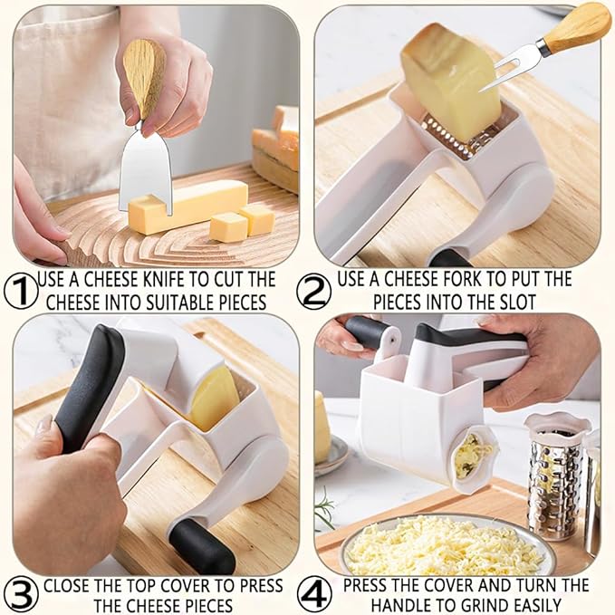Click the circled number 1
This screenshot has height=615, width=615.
pyautogui.click(x=18, y=290)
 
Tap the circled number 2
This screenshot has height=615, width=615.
pyautogui.click(x=316, y=290)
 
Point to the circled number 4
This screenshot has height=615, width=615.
pyautogui.click(x=316, y=595)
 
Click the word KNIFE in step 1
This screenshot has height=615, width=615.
pyautogui.click(x=188, y=279)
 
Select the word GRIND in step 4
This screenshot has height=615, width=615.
pyautogui.click(x=472, y=605)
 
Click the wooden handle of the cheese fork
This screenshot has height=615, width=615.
pyautogui.click(x=579, y=26)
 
